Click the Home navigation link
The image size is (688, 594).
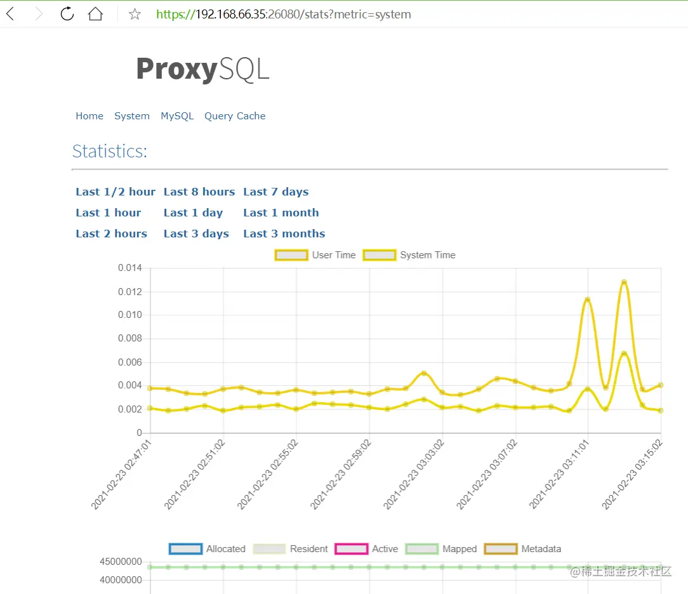tap(89, 116)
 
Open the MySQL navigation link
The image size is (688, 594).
tap(177, 116)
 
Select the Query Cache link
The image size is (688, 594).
tap(235, 116)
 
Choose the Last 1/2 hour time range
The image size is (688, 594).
tap(116, 192)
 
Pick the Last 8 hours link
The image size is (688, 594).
tap(199, 192)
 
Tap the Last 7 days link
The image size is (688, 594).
tap(276, 192)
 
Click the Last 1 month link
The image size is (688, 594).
tap(281, 213)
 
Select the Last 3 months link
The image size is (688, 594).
tap(284, 234)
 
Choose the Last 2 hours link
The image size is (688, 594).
tap(112, 234)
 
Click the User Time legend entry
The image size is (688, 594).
tap(315, 255)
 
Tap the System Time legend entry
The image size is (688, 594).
tap(409, 255)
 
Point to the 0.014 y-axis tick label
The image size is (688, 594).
tap(129, 268)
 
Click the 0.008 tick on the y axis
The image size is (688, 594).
tap(129, 338)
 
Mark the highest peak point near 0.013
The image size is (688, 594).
tap(624, 282)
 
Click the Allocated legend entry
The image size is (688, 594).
tap(208, 549)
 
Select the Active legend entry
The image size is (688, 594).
tap(367, 549)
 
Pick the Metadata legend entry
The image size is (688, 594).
tap(523, 549)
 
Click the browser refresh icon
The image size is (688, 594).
tap(67, 14)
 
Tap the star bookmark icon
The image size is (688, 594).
tap(135, 14)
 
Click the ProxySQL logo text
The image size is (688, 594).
tap(202, 69)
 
